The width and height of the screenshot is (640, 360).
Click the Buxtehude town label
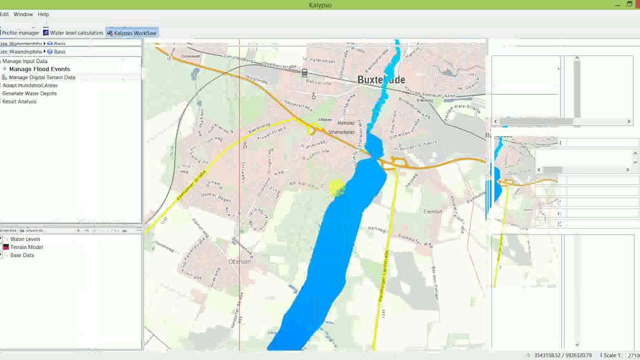tap(381, 80)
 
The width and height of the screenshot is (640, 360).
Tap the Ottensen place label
tap(239, 261)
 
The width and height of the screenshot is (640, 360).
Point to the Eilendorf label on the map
tap(432, 211)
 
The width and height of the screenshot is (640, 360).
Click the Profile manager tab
tap(20, 33)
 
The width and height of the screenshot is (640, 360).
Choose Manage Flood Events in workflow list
tap(39, 69)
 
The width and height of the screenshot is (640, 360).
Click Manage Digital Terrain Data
tap(42, 77)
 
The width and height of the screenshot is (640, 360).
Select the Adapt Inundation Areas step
tap(30, 85)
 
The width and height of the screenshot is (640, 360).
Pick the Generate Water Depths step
tap(29, 93)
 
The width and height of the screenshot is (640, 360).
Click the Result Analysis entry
tap(19, 101)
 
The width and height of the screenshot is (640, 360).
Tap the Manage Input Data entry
tap(25, 61)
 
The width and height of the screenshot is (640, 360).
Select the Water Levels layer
tap(25, 239)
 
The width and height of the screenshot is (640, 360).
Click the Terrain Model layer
tap(26, 247)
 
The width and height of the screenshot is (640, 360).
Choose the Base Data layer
tap(22, 255)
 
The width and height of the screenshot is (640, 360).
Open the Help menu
tap(43, 14)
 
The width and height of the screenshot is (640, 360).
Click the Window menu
tap(23, 14)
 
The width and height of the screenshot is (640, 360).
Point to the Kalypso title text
tap(320, 5)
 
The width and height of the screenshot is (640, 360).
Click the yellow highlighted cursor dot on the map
tap(336, 188)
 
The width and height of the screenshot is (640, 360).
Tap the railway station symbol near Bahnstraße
tap(304, 73)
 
